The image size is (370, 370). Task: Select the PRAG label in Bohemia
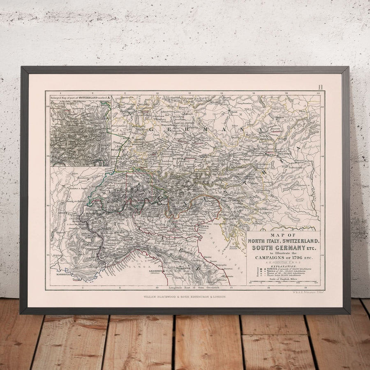234,112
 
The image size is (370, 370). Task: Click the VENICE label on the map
203,226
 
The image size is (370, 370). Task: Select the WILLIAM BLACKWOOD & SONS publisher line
185,296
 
